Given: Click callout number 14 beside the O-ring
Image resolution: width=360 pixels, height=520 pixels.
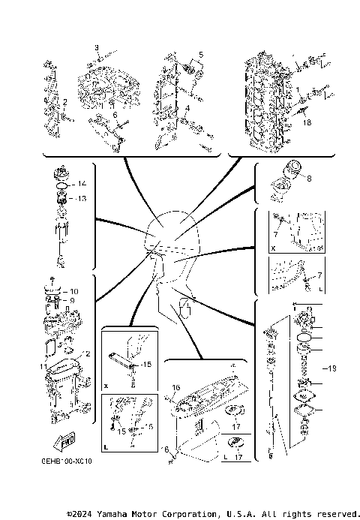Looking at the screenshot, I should (82, 184).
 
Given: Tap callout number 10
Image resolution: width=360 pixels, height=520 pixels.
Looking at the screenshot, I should (73, 290).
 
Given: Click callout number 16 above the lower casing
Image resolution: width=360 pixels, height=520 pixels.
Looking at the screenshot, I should (176, 388).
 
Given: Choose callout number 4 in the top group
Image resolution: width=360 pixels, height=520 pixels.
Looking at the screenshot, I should (188, 110).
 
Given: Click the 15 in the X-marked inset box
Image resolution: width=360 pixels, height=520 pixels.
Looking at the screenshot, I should (145, 364).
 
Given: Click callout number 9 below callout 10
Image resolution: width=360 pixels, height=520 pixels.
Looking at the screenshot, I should (73, 300).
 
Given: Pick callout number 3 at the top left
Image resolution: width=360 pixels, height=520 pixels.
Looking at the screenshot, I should (97, 47).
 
